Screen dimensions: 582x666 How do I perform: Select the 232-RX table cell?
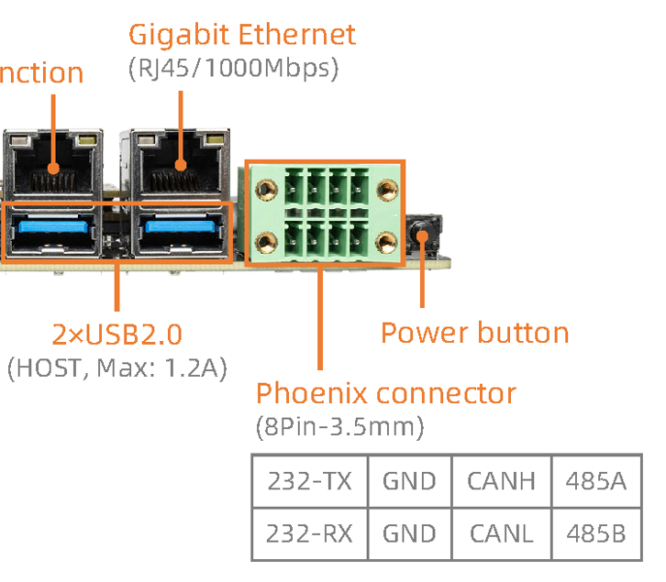[x=309, y=533]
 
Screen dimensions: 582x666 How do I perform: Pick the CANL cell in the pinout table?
[x=501, y=533]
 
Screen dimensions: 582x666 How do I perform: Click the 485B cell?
[x=596, y=533]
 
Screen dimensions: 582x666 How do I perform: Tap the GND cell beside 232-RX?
[x=408, y=533]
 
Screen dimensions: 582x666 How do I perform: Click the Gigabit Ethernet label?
[x=241, y=36]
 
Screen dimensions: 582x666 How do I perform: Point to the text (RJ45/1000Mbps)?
[x=234, y=69]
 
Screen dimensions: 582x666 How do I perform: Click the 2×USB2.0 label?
[x=117, y=334]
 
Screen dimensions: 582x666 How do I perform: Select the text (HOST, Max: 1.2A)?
[x=117, y=368]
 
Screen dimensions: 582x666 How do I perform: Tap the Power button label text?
[x=474, y=332]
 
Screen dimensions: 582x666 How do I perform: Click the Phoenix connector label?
[x=385, y=394]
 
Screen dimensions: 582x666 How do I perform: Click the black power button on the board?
[x=423, y=237]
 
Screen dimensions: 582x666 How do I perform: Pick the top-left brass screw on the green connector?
[x=267, y=189]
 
